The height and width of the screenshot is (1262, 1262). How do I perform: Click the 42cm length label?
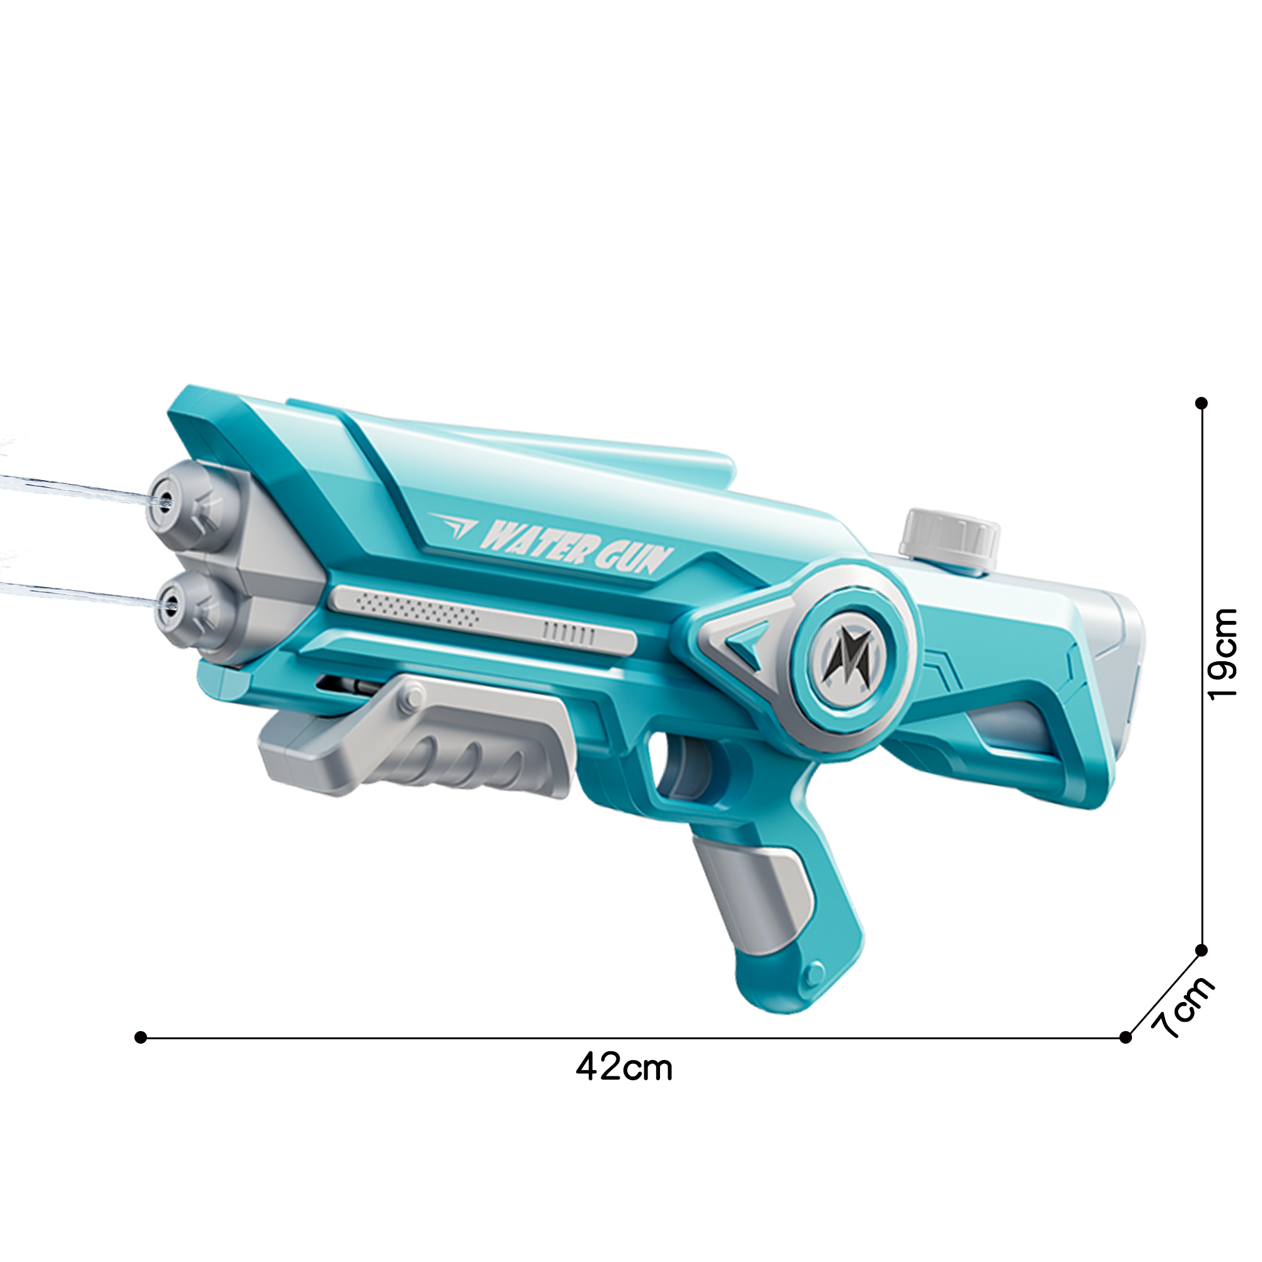(x=624, y=1068)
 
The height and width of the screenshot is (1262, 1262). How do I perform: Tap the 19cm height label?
(x=1222, y=654)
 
